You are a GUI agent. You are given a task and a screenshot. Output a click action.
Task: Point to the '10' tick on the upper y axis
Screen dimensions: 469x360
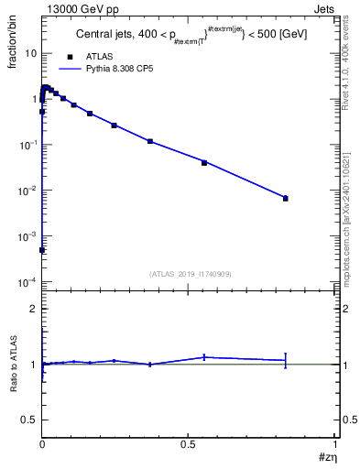click(x=30, y=53)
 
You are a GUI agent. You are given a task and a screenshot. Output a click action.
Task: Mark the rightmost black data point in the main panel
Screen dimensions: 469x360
click(x=285, y=198)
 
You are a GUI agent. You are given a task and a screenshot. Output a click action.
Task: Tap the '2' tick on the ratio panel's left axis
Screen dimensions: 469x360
click(x=34, y=310)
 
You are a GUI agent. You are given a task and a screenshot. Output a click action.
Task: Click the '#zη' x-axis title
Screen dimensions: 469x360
click(x=326, y=455)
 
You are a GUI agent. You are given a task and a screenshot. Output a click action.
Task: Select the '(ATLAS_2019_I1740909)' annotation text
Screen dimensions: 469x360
click(x=189, y=274)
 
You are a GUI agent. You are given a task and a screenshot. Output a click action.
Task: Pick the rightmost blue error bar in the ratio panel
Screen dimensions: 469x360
click(x=285, y=360)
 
